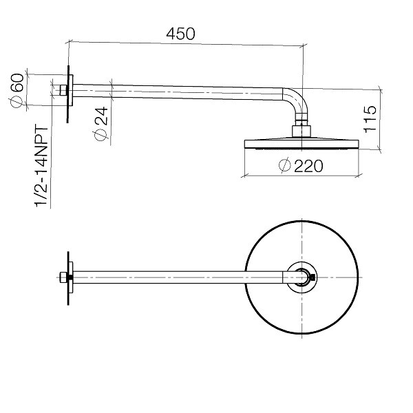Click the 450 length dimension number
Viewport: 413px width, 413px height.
click(x=180, y=34)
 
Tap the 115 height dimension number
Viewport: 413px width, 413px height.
click(x=370, y=119)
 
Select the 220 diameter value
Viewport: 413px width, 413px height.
click(x=308, y=166)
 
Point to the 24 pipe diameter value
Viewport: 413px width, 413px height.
click(x=101, y=116)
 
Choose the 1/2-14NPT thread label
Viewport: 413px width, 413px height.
click(x=41, y=165)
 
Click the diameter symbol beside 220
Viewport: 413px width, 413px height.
click(x=285, y=166)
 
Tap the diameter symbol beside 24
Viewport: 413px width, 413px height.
click(x=101, y=135)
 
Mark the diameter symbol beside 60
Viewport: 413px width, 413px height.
click(x=17, y=102)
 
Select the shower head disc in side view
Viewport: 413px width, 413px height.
click(x=301, y=144)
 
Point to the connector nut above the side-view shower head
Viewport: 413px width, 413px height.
click(x=301, y=131)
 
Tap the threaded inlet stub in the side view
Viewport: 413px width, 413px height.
click(x=63, y=90)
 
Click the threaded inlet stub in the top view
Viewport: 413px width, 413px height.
click(x=63, y=277)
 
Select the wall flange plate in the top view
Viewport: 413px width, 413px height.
click(x=71, y=277)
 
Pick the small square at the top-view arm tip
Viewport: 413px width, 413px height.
click(x=313, y=277)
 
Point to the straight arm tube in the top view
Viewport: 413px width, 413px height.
click(x=178, y=277)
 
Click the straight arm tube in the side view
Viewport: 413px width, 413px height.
click(x=178, y=92)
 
